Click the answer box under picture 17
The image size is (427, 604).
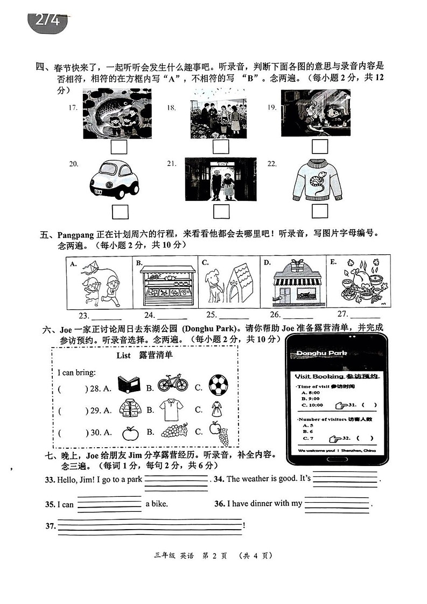click(x=118, y=147)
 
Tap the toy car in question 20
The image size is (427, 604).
click(x=114, y=180)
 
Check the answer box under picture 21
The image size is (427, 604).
click(x=221, y=212)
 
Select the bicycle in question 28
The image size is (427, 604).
click(x=173, y=385)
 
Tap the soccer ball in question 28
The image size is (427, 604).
click(x=218, y=385)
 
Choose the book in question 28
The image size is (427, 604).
click(x=129, y=385)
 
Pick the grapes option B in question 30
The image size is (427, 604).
click(x=174, y=432)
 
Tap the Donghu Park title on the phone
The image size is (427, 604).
click(x=321, y=353)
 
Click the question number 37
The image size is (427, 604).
click(x=50, y=526)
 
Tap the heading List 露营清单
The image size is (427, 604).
click(x=145, y=356)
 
